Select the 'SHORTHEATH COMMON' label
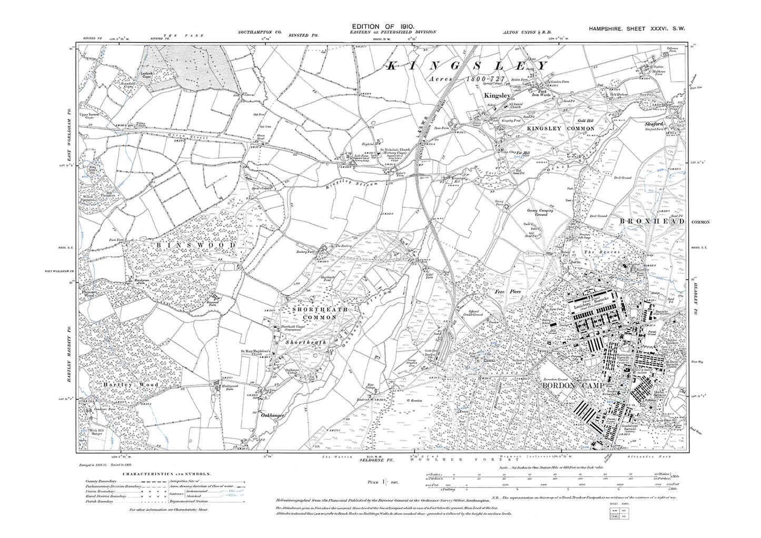pyautogui.click(x=312, y=314)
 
